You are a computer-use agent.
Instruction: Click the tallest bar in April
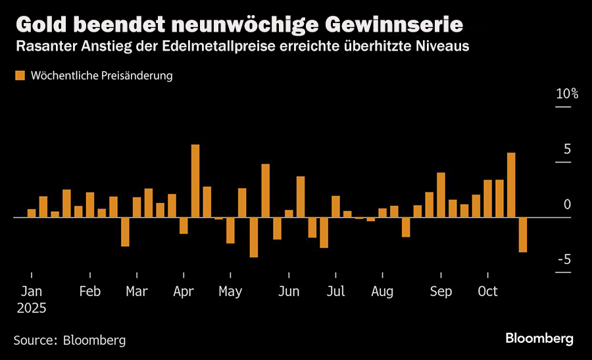pos(195,180)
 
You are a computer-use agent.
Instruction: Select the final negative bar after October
pos(523,234)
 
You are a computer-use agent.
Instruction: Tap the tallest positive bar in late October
pos(511,184)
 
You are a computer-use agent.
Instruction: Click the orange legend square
pos(20,76)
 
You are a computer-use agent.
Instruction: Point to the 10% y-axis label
pos(566,94)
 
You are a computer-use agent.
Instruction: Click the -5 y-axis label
pos(564,260)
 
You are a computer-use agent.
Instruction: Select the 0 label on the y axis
pos(567,205)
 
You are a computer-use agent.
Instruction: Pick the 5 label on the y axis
pos(567,149)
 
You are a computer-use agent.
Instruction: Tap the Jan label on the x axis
pos(31,292)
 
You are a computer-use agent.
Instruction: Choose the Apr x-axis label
pos(184,292)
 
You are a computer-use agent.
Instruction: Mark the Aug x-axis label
pos(382,292)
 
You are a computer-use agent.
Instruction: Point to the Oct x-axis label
pos(487,292)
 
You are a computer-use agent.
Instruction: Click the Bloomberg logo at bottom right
pos(539,338)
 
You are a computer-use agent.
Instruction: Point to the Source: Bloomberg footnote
pos(70,340)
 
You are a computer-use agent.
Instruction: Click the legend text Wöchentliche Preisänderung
pos(101,76)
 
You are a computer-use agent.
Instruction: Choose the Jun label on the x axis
pos(289,292)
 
